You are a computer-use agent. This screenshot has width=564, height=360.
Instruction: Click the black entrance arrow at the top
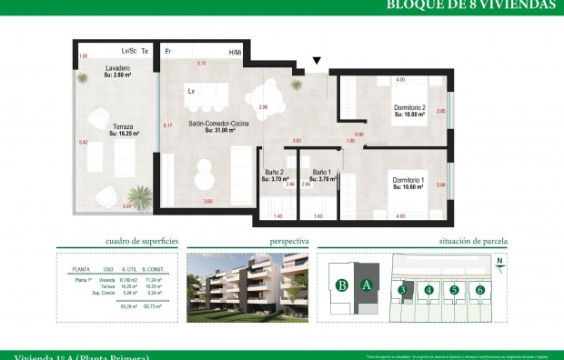[x=316, y=62]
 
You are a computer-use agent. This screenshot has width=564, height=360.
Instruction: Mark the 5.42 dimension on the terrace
[x=83, y=143]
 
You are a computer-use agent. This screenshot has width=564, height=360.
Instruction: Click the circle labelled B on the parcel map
[x=342, y=285]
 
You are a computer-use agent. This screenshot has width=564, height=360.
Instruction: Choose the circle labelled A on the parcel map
[x=367, y=285]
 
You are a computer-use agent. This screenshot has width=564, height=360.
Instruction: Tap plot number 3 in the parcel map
[x=402, y=291]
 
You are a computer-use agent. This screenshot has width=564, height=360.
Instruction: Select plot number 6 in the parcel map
[x=479, y=291]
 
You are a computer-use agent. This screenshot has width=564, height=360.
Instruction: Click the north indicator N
[x=499, y=259]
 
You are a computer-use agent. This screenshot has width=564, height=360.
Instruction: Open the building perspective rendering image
[x=248, y=287]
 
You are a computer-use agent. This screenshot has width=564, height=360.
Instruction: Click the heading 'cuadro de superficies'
[x=141, y=243]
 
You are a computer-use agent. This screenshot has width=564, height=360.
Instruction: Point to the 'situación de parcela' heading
[x=466, y=243]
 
